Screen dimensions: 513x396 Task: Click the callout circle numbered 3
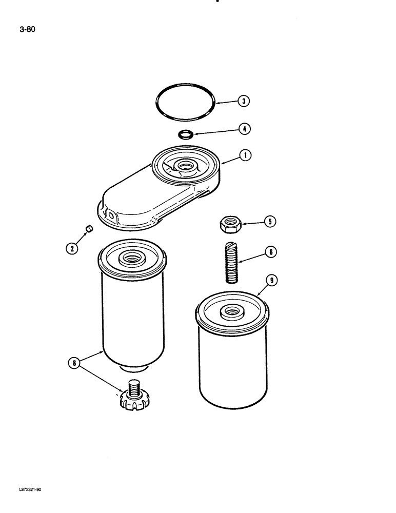tap(244, 101)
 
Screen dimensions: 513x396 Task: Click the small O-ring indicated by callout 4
tap(186, 135)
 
